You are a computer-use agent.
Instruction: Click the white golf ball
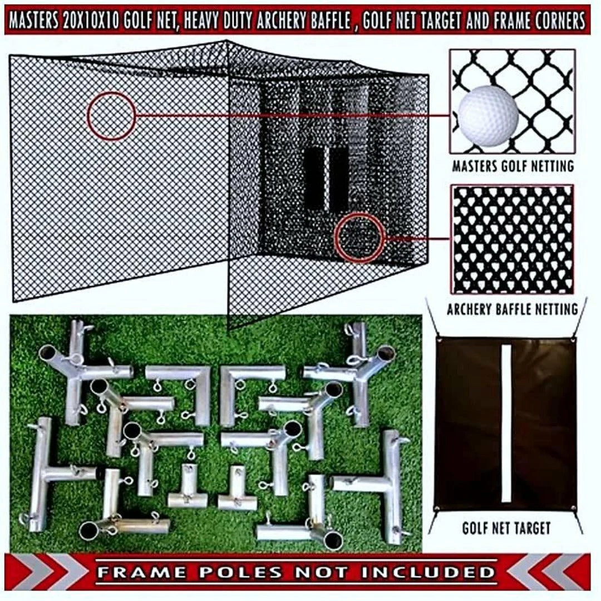(489, 115)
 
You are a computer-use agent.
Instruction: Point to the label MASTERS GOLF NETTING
(513, 166)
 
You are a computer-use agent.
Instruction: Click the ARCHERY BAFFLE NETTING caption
(513, 309)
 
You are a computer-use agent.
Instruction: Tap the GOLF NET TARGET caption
(506, 528)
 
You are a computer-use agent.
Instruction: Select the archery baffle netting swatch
(513, 239)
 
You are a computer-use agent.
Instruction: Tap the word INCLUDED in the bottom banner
(428, 573)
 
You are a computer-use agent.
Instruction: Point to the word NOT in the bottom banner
(321, 573)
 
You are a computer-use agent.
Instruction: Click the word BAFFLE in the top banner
(331, 21)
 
